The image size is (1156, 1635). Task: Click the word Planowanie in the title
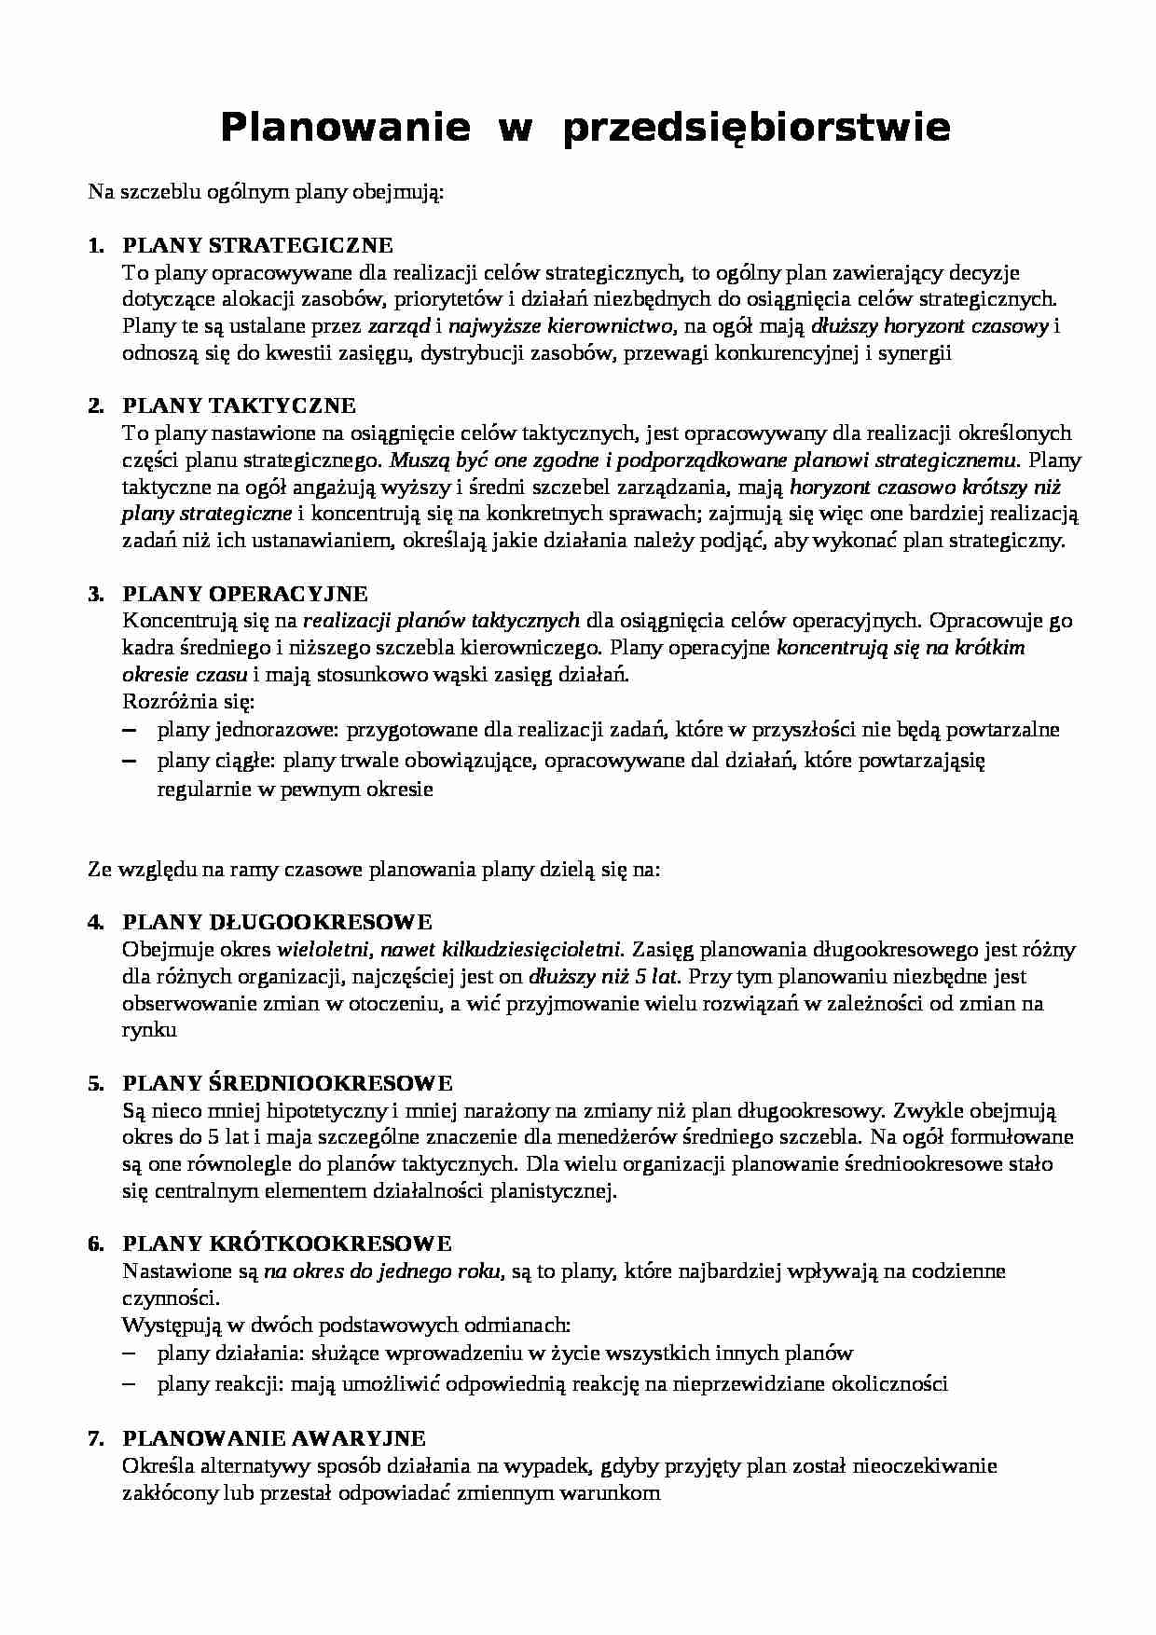point(345,128)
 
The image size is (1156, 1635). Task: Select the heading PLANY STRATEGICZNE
point(258,246)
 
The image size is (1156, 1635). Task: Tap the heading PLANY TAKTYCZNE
point(240,406)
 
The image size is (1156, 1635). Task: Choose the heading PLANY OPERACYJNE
point(245,595)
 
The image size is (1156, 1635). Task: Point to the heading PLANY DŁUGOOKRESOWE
point(278,923)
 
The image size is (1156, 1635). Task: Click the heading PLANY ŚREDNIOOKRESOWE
point(288,1083)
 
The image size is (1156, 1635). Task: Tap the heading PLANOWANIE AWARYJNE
point(274,1438)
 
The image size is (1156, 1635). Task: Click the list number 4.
point(94,923)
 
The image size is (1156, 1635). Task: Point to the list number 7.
point(94,1438)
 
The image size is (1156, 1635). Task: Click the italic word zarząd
point(399,327)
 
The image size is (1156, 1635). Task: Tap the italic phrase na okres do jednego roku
point(383,1271)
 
